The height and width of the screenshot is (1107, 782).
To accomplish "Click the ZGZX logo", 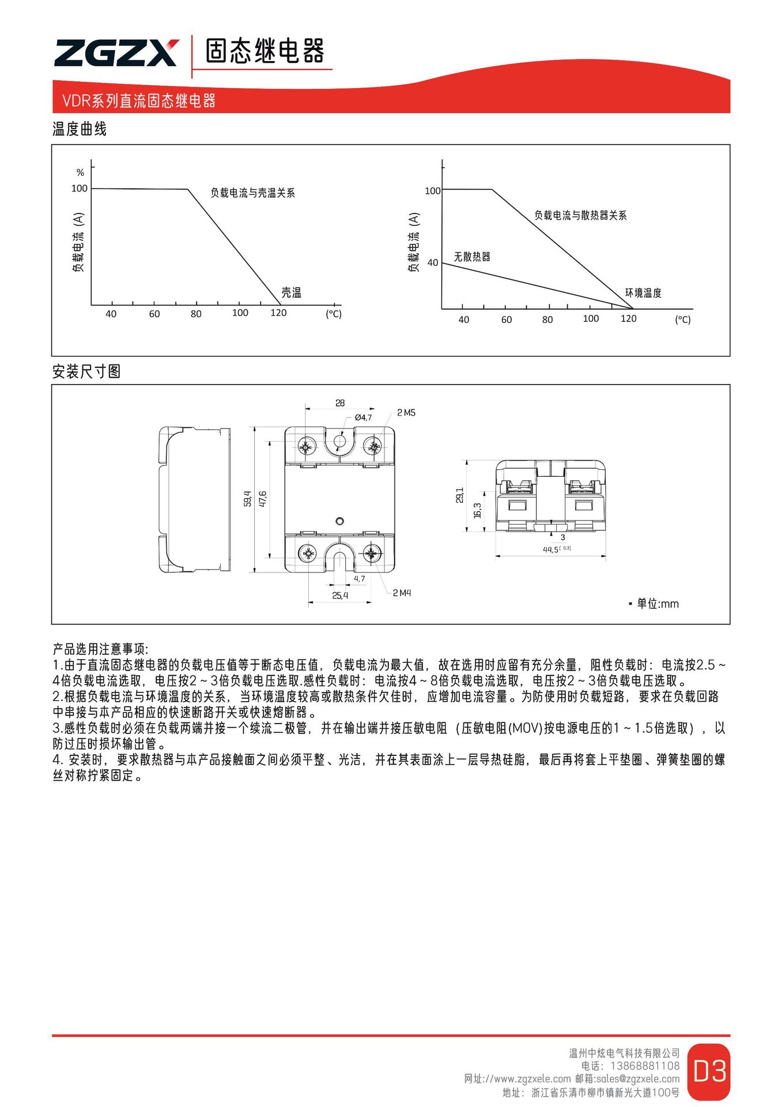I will click(x=116, y=53).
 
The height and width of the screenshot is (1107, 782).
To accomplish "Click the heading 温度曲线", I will click(x=80, y=129).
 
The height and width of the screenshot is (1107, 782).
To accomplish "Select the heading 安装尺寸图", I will click(x=86, y=372).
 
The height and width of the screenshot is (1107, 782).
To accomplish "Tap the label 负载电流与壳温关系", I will click(x=252, y=193).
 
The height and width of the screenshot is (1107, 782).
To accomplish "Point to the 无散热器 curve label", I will click(x=471, y=257).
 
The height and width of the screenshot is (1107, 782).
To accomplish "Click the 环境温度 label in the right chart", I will click(x=643, y=293).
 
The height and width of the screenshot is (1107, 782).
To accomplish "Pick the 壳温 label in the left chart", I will click(x=291, y=293).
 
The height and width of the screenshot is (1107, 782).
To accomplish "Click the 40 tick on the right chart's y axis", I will click(x=433, y=263).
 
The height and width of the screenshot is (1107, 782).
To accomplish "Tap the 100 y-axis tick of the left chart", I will click(x=80, y=189).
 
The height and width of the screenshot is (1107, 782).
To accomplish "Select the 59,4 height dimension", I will click(x=248, y=499).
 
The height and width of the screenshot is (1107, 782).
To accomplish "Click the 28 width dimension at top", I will click(x=340, y=403).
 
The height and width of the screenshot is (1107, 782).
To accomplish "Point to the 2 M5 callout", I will click(x=406, y=413).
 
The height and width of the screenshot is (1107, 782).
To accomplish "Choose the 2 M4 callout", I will click(x=402, y=593).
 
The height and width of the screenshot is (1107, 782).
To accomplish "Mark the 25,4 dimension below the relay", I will click(x=340, y=596).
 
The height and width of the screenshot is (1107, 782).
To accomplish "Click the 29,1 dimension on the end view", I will click(x=459, y=495).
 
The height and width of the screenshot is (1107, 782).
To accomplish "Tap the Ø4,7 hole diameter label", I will click(x=363, y=417).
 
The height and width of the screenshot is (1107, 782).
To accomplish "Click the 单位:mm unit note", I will click(x=657, y=604).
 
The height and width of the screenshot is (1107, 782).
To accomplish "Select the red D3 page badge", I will click(x=709, y=1071).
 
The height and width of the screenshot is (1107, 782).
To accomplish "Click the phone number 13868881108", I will click(x=645, y=1066).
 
